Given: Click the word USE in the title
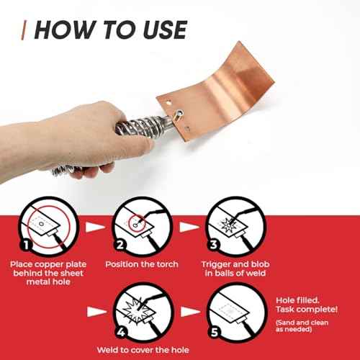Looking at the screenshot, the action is (x=166, y=30).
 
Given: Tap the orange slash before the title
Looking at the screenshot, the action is (x=24, y=30).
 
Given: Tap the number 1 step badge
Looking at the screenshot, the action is (x=26, y=245).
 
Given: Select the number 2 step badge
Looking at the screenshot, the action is (x=120, y=245).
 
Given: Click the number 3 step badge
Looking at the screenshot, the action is (x=214, y=245).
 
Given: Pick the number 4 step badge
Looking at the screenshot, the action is (x=121, y=332).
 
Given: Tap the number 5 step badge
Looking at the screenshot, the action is (x=215, y=332).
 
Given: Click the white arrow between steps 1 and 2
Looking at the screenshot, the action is (x=95, y=227).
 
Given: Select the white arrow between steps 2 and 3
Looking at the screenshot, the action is (x=189, y=227).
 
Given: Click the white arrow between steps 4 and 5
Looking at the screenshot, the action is (x=190, y=312).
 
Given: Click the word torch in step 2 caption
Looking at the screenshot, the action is (x=167, y=264).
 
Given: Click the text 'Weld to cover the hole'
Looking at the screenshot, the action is (x=143, y=350).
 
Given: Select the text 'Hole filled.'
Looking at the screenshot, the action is (x=297, y=300).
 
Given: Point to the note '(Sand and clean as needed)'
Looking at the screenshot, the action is (x=302, y=325).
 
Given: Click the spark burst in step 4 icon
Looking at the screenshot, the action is (x=137, y=310).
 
